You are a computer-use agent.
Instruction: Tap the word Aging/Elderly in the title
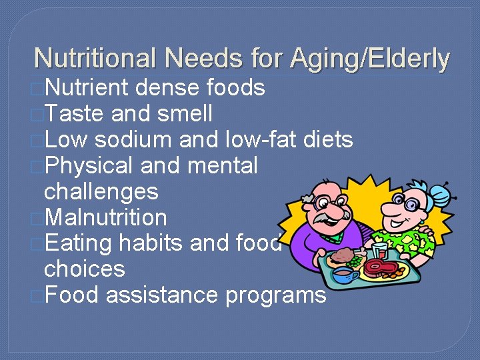370,59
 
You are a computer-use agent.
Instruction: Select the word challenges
101,191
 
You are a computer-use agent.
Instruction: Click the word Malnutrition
105,217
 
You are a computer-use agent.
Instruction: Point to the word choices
84,269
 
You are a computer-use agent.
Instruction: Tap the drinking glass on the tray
380,250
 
